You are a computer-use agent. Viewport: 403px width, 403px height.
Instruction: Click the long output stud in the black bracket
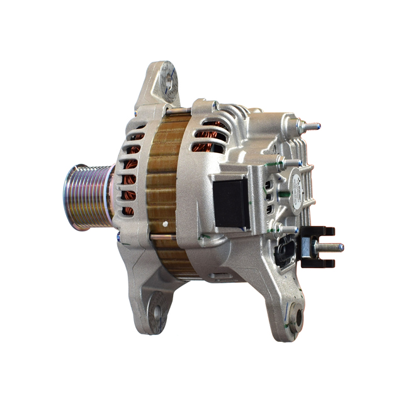pyautogui.click(x=330, y=247)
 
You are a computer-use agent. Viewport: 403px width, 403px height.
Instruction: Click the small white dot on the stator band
pyautogui.click(x=165, y=223)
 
